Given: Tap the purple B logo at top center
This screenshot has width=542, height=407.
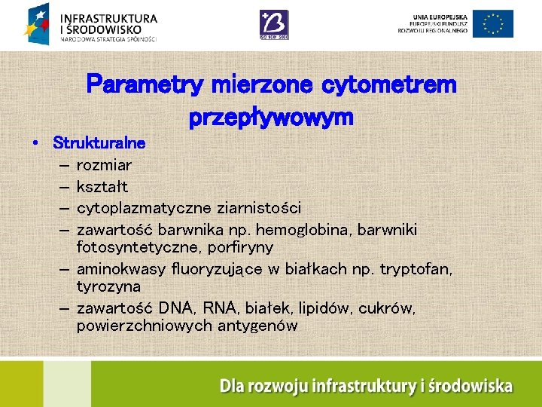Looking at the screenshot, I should (273, 25).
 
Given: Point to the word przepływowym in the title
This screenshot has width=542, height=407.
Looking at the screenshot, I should (271, 118).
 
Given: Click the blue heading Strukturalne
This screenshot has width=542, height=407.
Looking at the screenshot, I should (99, 142).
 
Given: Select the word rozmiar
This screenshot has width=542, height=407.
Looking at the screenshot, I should (104, 165).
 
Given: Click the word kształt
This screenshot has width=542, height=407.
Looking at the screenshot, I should (102, 186).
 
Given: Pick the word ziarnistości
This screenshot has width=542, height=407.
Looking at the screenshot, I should (259, 207).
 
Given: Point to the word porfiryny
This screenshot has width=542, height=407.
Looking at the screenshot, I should (240, 247).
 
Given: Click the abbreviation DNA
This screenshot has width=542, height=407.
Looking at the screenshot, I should (177, 308).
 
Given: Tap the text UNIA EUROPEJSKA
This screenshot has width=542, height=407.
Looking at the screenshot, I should (441, 16).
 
